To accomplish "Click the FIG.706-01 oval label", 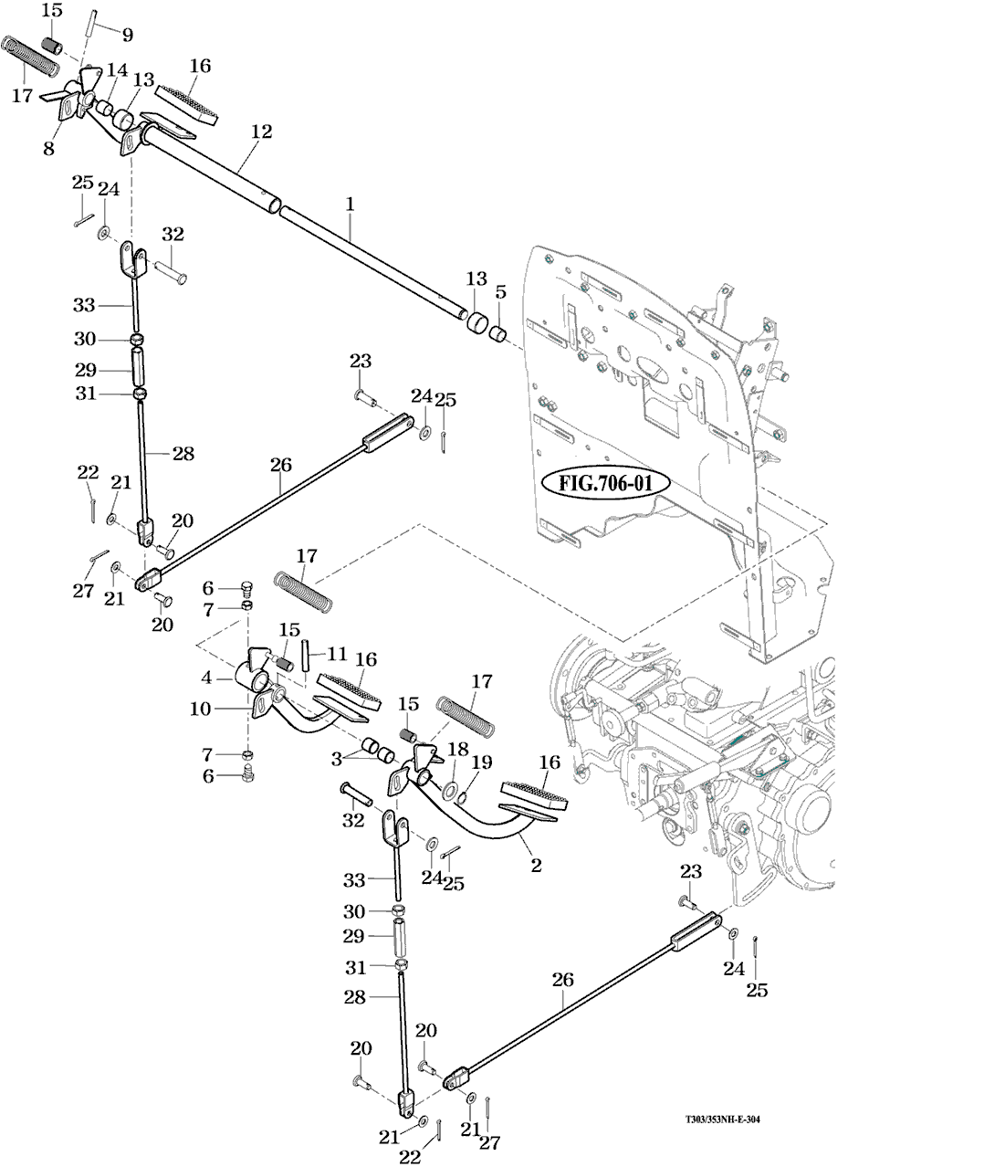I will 604,483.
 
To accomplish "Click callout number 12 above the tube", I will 261,131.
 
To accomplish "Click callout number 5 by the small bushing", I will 499,292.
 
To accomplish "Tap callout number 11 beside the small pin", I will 337,654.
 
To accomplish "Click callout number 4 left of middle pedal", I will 207,678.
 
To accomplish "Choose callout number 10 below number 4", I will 200,709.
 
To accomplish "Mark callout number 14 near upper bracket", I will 117,69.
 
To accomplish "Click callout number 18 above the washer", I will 457,750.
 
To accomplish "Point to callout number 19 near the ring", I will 481,761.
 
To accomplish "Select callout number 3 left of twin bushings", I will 337,758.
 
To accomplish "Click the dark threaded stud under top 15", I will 52,43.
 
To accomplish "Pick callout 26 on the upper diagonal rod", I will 280,465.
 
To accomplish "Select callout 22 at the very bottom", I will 411,1156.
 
